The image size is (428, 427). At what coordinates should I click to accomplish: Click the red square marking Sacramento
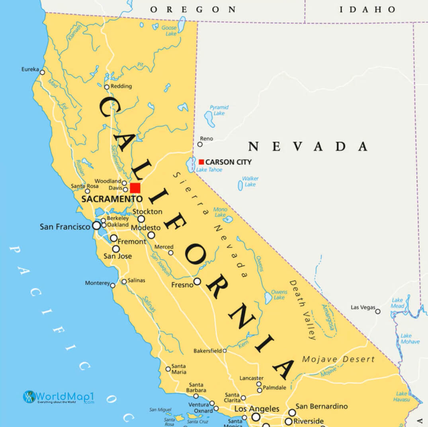point(135,188)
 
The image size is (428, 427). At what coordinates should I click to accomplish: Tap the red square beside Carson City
point(201,162)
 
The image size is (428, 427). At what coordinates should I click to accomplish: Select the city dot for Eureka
point(42,72)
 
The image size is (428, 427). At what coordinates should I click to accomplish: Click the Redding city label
point(121,86)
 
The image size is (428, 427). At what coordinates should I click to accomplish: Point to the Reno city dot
point(200,144)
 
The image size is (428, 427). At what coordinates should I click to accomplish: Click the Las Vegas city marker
point(378,311)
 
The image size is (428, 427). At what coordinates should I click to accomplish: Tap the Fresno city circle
point(197,282)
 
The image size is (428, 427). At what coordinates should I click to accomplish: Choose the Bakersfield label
point(207,351)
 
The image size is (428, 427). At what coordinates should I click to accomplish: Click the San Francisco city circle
point(96,226)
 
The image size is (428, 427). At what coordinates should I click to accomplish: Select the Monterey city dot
point(113,285)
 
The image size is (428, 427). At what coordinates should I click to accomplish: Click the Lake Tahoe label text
point(209,170)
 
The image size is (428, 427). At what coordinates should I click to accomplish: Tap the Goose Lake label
point(169,31)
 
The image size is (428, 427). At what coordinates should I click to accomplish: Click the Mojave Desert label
point(338,359)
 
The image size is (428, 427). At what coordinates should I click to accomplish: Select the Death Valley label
point(303,309)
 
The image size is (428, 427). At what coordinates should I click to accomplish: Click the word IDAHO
point(367,10)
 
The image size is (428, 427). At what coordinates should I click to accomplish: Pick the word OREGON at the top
point(193,10)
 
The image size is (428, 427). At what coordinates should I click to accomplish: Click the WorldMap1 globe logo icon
point(29,397)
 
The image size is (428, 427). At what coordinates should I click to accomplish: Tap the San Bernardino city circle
point(292,413)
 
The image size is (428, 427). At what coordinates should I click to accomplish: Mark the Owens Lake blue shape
point(268,297)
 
